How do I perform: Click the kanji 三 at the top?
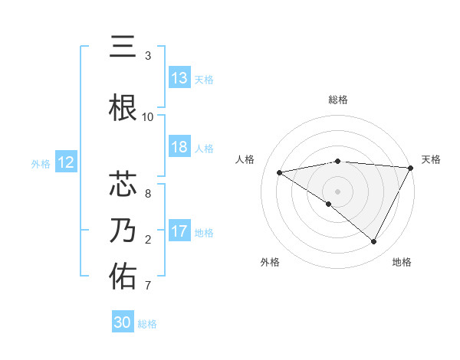click(x=123, y=47)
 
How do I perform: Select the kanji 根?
click(x=123, y=107)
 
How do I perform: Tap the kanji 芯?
click(x=123, y=184)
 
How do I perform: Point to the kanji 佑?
click(x=123, y=276)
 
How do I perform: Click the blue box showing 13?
click(x=179, y=78)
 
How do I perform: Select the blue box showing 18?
click(x=179, y=148)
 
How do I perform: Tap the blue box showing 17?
click(x=179, y=232)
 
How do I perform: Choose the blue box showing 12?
click(x=66, y=162)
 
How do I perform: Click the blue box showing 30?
click(x=123, y=322)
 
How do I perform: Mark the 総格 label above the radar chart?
click(x=338, y=100)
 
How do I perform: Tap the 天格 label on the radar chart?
click(x=431, y=159)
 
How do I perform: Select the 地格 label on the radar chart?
click(x=402, y=262)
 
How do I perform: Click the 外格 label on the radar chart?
click(x=270, y=262)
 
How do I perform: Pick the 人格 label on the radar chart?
click(x=245, y=159)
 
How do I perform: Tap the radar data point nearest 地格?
click(x=374, y=242)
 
